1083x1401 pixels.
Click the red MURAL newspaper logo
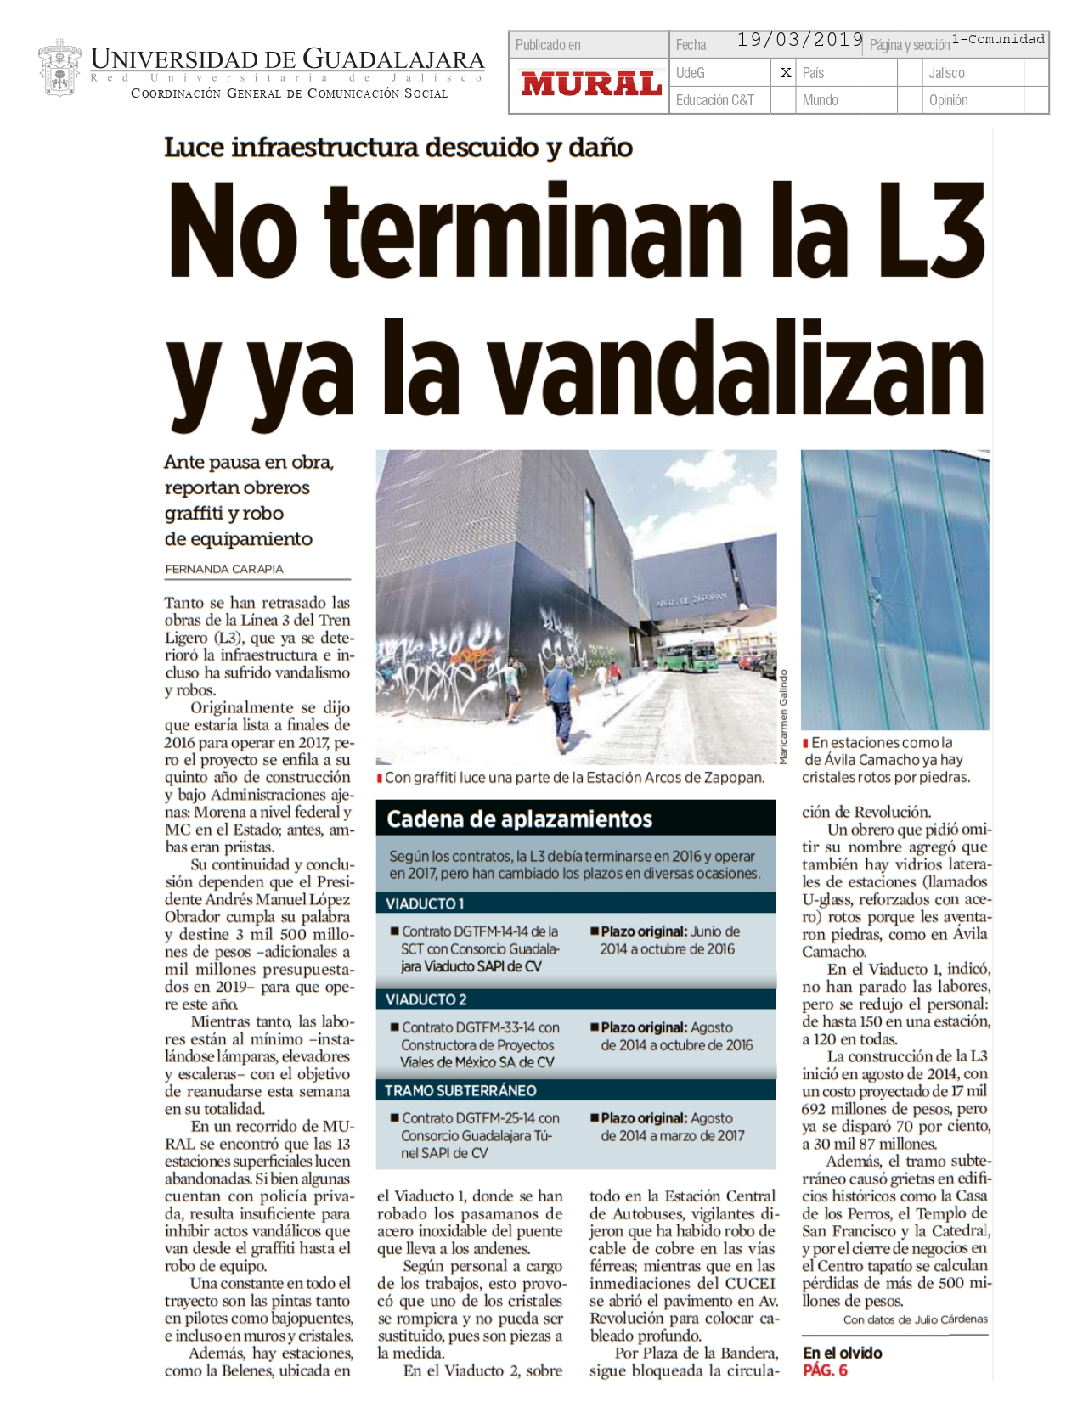591,84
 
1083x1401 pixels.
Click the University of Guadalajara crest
59,68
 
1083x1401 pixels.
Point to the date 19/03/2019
799,40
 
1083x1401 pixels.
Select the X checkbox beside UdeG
786,73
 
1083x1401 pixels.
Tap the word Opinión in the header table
948,100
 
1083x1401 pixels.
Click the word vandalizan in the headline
736,369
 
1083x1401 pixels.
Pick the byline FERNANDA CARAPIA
224,569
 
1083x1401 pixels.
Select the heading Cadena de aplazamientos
519,819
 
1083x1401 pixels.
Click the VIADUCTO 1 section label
426,903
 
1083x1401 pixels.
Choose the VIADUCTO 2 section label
426,999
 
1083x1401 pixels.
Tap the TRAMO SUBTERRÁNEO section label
460,1090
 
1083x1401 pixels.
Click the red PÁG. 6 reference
825,1370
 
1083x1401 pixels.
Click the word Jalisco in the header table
946,73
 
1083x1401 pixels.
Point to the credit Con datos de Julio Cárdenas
915,1319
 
